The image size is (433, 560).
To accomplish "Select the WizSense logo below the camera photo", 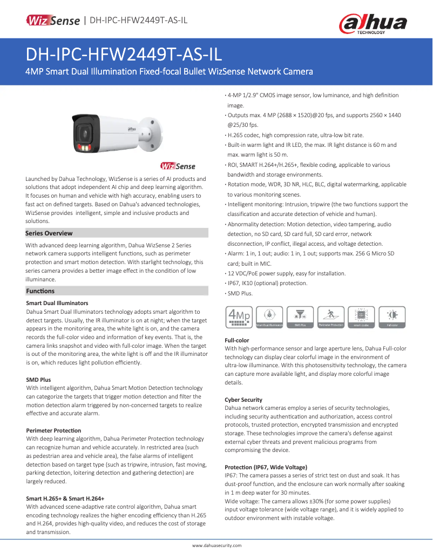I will (178, 166).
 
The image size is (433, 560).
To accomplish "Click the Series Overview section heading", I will (49, 233).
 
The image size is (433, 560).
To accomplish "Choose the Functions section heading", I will (40, 291).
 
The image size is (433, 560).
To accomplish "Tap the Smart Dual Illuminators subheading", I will (57, 303).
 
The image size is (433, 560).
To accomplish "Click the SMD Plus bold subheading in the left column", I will (38, 380).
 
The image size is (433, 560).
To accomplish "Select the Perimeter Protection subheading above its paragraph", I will (53, 430).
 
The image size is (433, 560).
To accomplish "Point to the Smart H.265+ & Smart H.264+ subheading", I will (65, 498).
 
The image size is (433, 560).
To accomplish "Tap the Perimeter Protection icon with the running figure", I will (331, 317).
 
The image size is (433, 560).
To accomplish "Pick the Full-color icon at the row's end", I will (393, 317).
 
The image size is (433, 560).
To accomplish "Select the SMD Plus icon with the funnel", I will (300, 317).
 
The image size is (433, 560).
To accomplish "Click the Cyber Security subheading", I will (243, 399).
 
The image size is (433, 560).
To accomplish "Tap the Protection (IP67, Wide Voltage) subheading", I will (266, 467).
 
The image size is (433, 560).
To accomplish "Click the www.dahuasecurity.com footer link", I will (217, 545).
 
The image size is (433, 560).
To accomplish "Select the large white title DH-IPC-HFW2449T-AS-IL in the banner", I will (124, 56).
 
